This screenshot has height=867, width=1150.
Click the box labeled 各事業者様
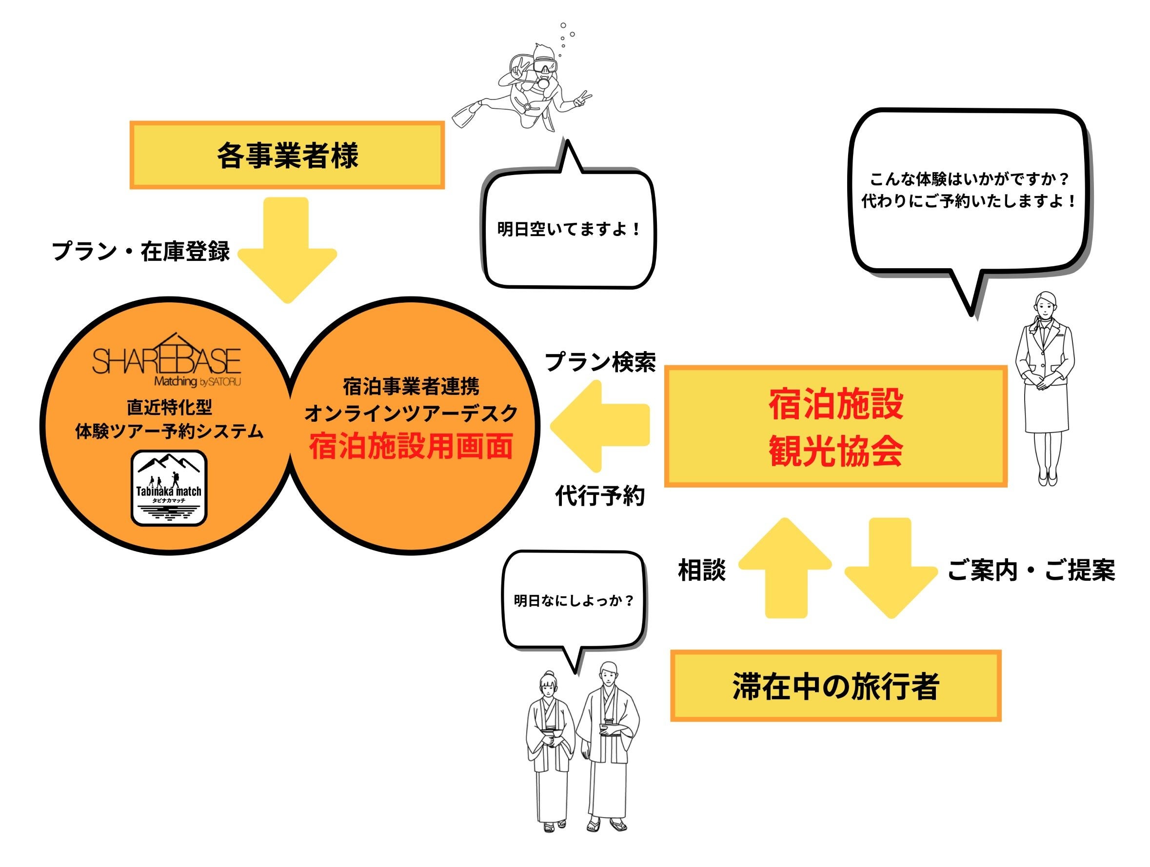click(287, 155)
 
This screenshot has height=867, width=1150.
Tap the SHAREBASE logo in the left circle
click(167, 361)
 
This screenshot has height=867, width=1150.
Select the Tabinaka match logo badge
click(169, 488)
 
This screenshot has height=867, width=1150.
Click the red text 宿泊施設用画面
click(411, 446)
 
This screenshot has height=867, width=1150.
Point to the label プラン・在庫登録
click(140, 251)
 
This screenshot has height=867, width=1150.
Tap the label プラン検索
click(600, 362)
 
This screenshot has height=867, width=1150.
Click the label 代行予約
click(600, 495)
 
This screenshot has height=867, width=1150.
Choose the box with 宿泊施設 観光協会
click(836, 426)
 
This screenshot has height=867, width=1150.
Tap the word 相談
click(702, 570)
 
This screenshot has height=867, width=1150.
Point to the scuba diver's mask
click(544, 66)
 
